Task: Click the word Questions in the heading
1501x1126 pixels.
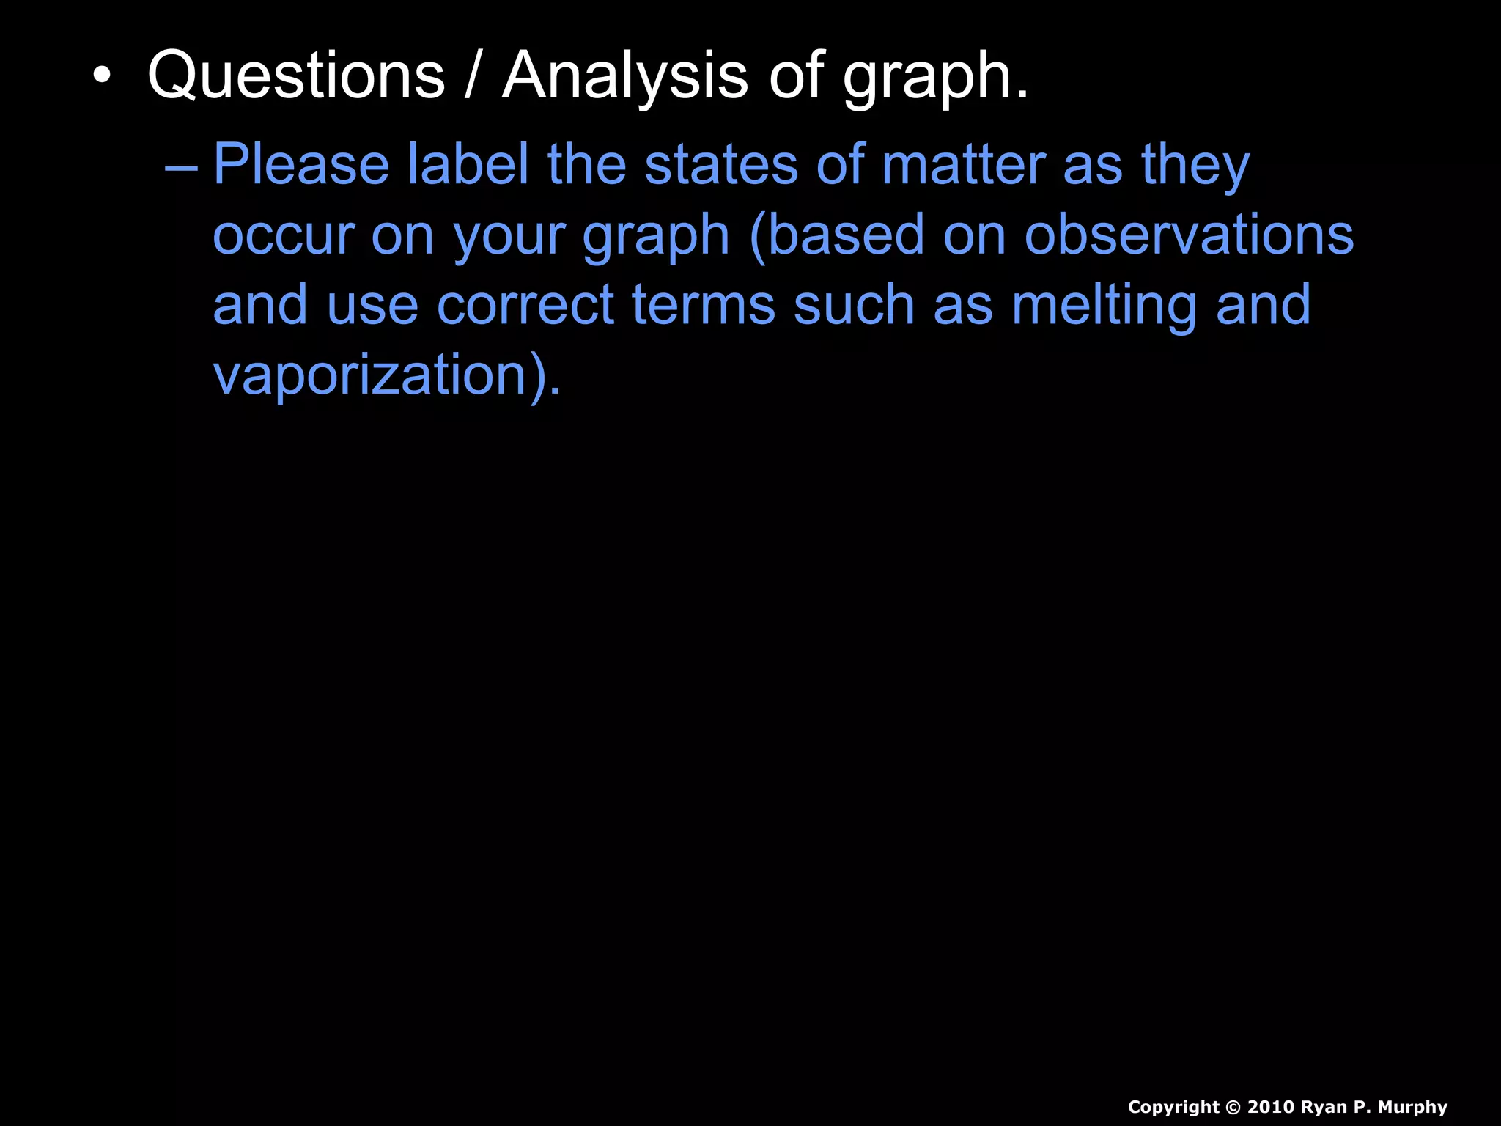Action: pyautogui.click(x=296, y=76)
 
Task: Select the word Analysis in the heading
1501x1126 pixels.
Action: pyautogui.click(x=625, y=76)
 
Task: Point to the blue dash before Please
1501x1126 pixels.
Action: pyautogui.click(x=181, y=167)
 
